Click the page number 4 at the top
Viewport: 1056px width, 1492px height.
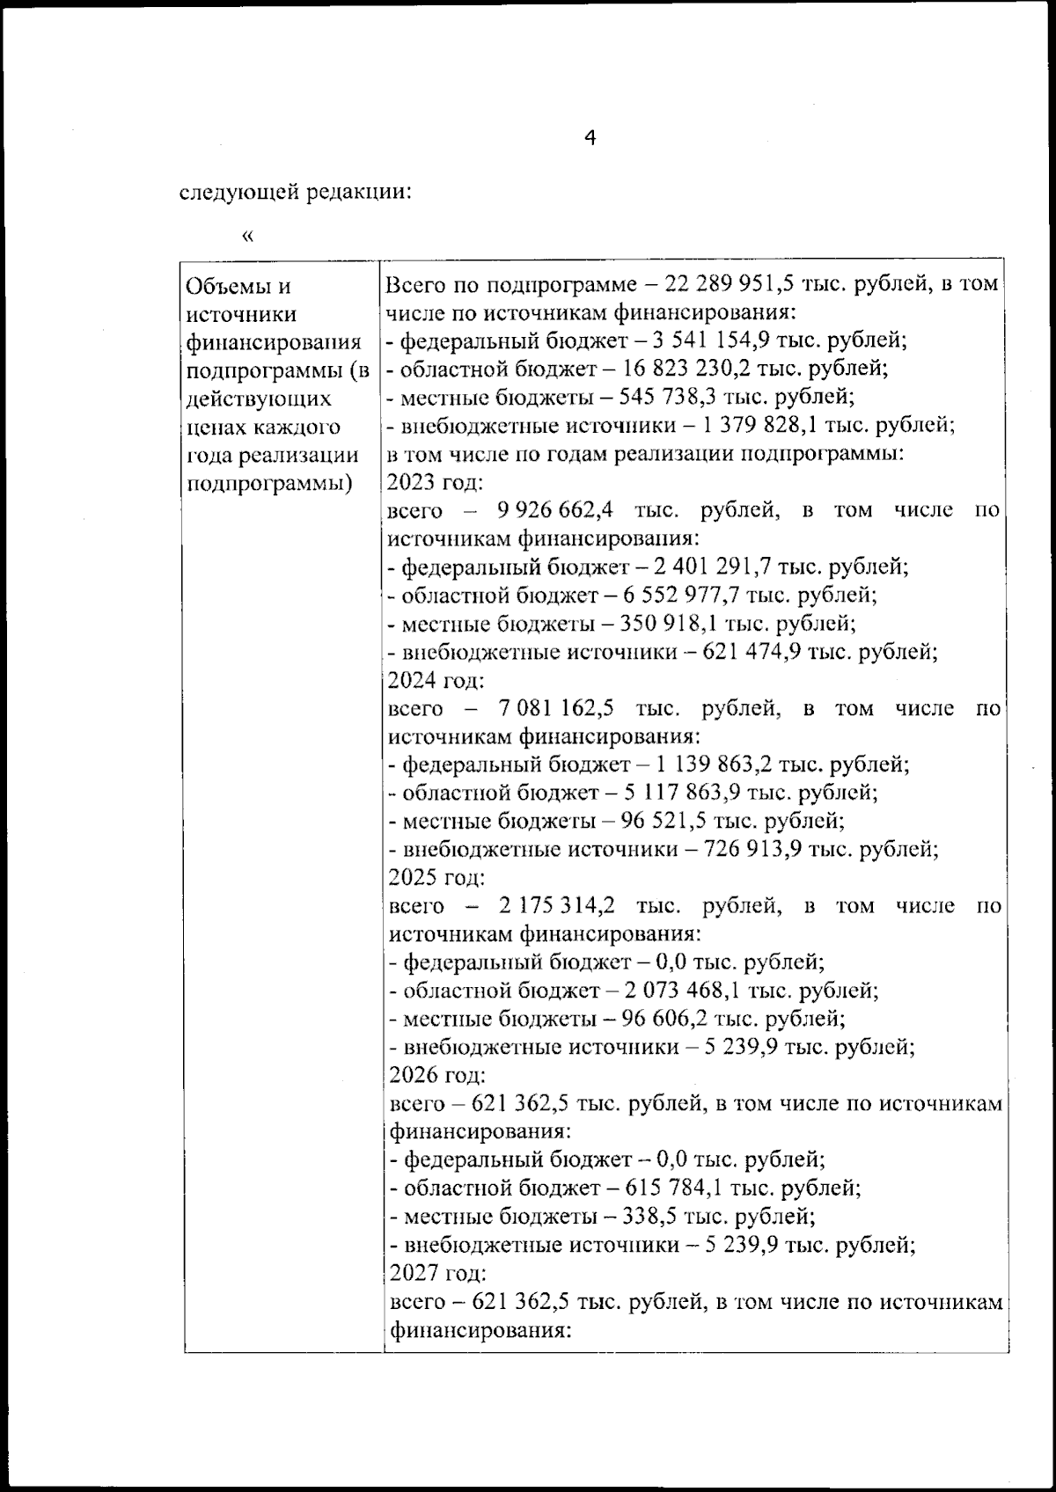[x=590, y=138]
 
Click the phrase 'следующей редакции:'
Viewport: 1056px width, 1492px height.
[x=296, y=192]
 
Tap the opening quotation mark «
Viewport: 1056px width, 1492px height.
[x=247, y=235]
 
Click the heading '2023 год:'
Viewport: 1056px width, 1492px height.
[x=434, y=482]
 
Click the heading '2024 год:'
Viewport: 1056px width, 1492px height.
[x=435, y=680]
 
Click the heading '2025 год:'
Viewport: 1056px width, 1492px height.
[x=435, y=878]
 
